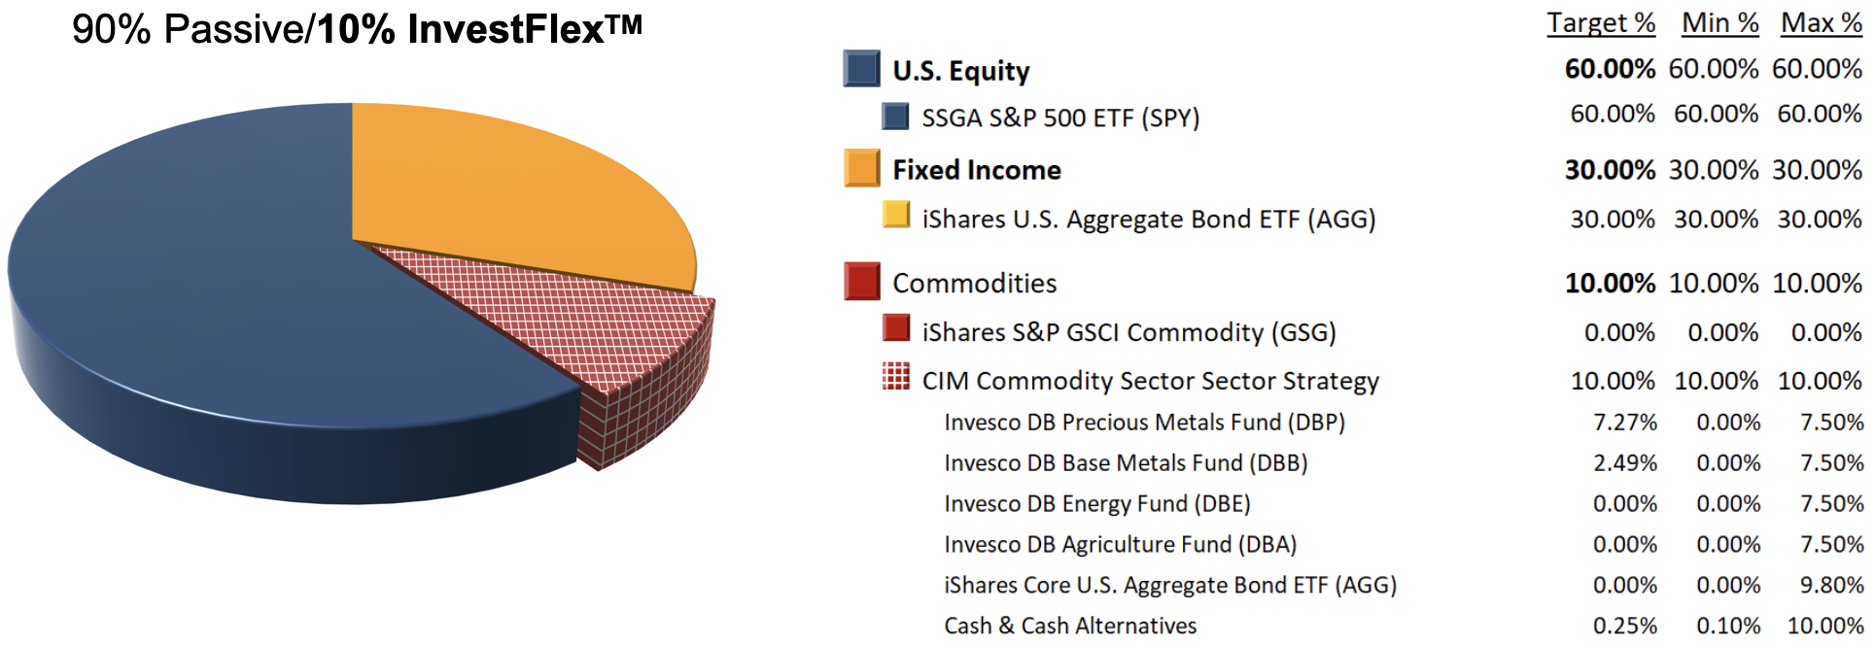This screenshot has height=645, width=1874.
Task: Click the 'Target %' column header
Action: (1601, 23)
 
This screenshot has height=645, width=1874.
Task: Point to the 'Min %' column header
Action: (1720, 23)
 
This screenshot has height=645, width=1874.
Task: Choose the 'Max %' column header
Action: (1822, 23)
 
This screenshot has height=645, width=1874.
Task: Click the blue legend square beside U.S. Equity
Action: (861, 69)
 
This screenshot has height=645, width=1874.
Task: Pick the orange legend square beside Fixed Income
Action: (861, 168)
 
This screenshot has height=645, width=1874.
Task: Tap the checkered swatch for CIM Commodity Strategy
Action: (895, 376)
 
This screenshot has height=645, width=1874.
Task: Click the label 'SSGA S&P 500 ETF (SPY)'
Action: (1060, 119)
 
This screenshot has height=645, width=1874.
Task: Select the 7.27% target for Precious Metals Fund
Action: (1624, 423)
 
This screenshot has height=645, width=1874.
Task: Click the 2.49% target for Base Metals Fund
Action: (1624, 463)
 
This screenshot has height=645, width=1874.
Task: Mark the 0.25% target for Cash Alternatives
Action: (1624, 627)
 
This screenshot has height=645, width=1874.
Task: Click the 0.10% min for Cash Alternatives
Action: (1728, 627)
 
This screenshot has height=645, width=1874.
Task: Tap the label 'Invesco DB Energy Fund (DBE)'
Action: (1096, 504)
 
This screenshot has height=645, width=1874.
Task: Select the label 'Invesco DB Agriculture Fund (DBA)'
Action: (1120, 545)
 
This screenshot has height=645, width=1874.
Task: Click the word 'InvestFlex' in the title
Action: (506, 30)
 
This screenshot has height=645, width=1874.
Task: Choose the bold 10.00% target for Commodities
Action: (1610, 284)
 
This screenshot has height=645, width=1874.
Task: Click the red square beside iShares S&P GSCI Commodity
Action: (895, 327)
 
